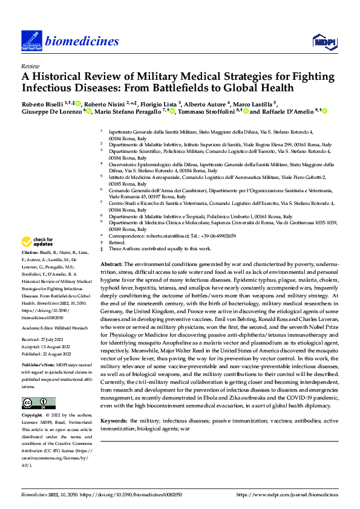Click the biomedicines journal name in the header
click(x=80, y=41)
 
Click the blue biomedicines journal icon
click(x=30, y=41)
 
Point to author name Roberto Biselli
click(x=42, y=103)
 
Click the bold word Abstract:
click(x=111, y=265)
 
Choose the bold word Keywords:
click(x=114, y=420)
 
